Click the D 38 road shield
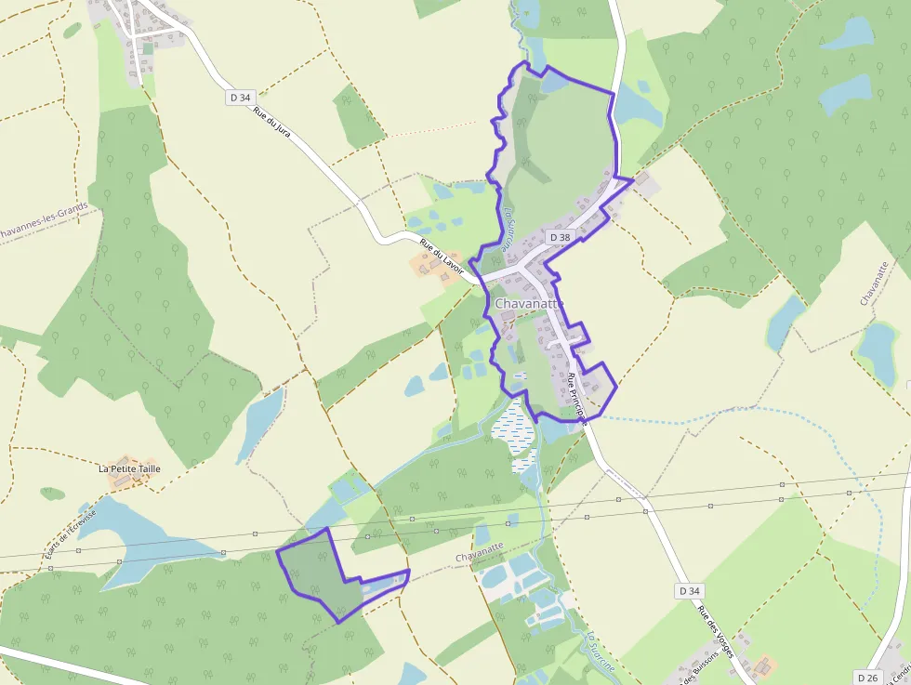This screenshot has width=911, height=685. [560, 237]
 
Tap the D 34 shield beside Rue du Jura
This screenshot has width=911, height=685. [241, 97]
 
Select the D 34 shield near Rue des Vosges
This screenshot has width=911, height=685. [688, 590]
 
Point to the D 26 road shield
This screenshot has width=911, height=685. [867, 678]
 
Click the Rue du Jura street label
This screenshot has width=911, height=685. [271, 121]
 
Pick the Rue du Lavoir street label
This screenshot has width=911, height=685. [442, 261]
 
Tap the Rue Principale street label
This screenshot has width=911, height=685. [577, 398]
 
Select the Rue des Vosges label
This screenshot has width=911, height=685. [716, 632]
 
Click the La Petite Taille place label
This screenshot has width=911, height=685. [129, 468]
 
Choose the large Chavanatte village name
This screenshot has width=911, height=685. [529, 304]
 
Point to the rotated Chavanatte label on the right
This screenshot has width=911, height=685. [875, 283]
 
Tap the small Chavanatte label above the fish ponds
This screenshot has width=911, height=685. [480, 556]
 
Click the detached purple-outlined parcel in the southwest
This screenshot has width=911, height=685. [316, 572]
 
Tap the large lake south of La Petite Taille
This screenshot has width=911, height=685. [139, 539]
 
